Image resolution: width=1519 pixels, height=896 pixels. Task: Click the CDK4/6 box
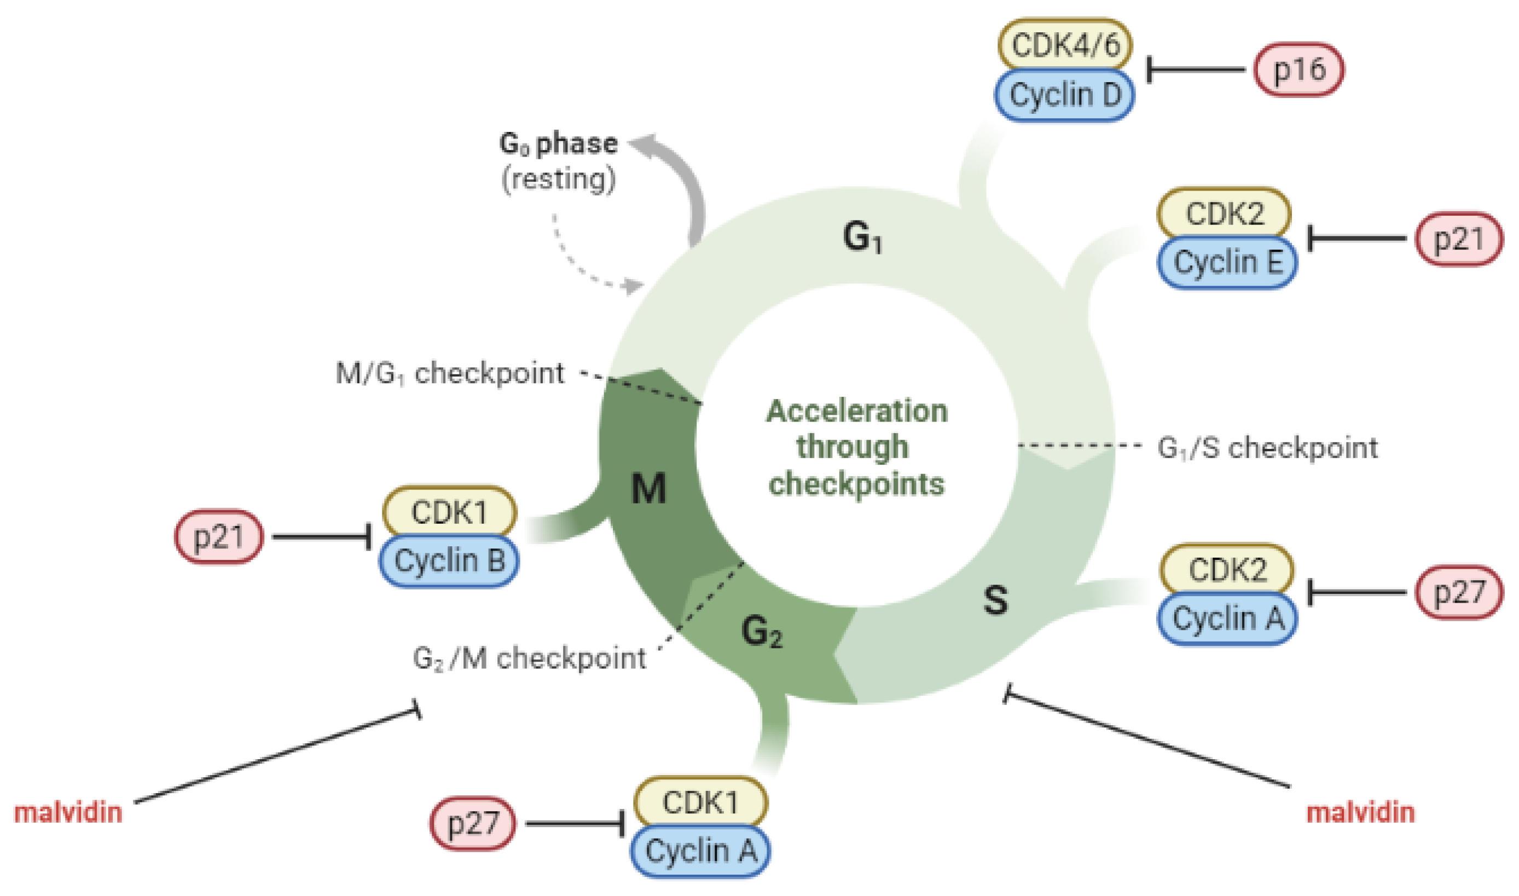tap(1065, 45)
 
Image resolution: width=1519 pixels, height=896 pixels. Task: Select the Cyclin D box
tap(1065, 95)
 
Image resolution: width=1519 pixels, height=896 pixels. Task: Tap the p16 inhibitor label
tap(1298, 70)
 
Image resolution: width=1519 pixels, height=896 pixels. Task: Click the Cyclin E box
tap(1227, 263)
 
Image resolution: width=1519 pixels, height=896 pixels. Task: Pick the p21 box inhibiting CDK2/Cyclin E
tap(1459, 239)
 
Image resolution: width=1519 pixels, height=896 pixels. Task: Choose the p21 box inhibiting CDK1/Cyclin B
tap(218, 537)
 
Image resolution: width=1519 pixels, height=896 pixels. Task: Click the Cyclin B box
tap(449, 561)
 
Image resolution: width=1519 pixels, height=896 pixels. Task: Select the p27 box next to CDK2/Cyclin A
tap(1459, 592)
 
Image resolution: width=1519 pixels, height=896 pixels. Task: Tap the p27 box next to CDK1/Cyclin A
tap(473, 824)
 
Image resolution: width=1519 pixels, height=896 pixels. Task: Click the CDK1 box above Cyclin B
tap(449, 512)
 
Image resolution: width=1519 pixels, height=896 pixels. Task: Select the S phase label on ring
tap(995, 601)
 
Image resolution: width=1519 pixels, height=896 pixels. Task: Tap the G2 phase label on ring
tap(762, 632)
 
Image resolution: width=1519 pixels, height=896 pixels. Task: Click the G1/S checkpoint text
tap(1267, 448)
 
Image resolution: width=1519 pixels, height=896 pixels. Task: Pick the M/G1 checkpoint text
tap(450, 374)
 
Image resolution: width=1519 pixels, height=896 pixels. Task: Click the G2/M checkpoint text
tap(529, 658)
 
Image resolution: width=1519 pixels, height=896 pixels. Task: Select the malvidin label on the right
tap(1360, 813)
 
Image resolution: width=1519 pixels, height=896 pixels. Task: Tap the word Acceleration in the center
tap(856, 412)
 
